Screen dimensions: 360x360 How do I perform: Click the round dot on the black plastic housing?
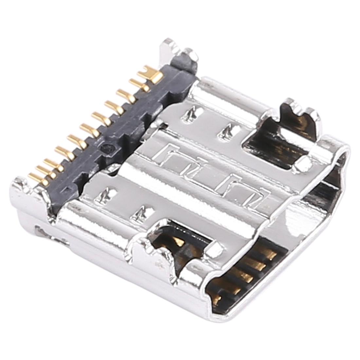[106, 148]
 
